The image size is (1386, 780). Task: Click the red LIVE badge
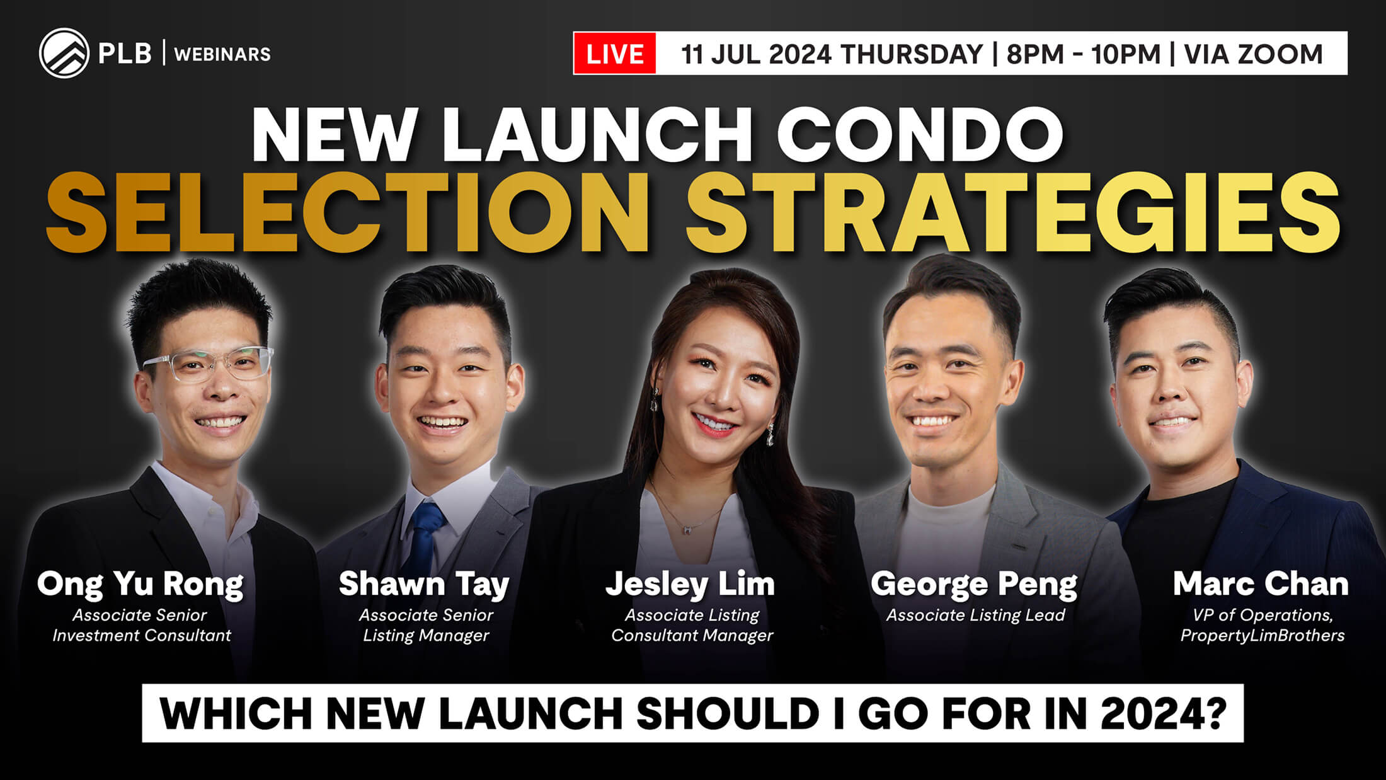(614, 54)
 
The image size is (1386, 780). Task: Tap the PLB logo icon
(64, 54)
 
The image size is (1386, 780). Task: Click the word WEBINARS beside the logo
(222, 54)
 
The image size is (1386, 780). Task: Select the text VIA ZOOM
(1253, 54)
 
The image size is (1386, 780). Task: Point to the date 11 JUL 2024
(756, 54)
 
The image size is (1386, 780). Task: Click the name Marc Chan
(1261, 584)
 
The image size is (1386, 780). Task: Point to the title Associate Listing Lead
(975, 616)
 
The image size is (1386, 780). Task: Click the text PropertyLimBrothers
(1263, 636)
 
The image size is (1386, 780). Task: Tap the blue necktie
(425, 536)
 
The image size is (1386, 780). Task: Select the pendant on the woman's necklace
(685, 529)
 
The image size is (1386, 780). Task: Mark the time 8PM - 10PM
(1084, 54)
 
